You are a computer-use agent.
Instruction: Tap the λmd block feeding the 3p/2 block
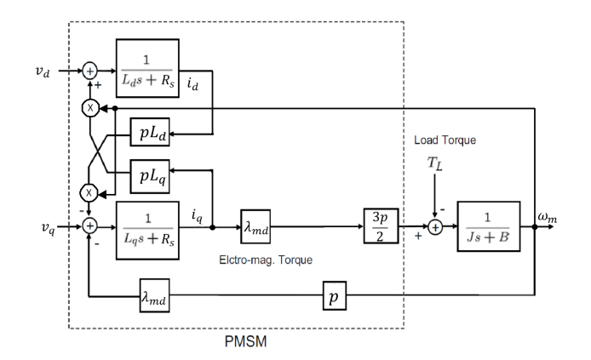coord(255,226)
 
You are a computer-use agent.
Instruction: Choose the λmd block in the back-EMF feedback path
coord(153,300)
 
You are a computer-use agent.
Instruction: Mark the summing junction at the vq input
coord(89,227)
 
